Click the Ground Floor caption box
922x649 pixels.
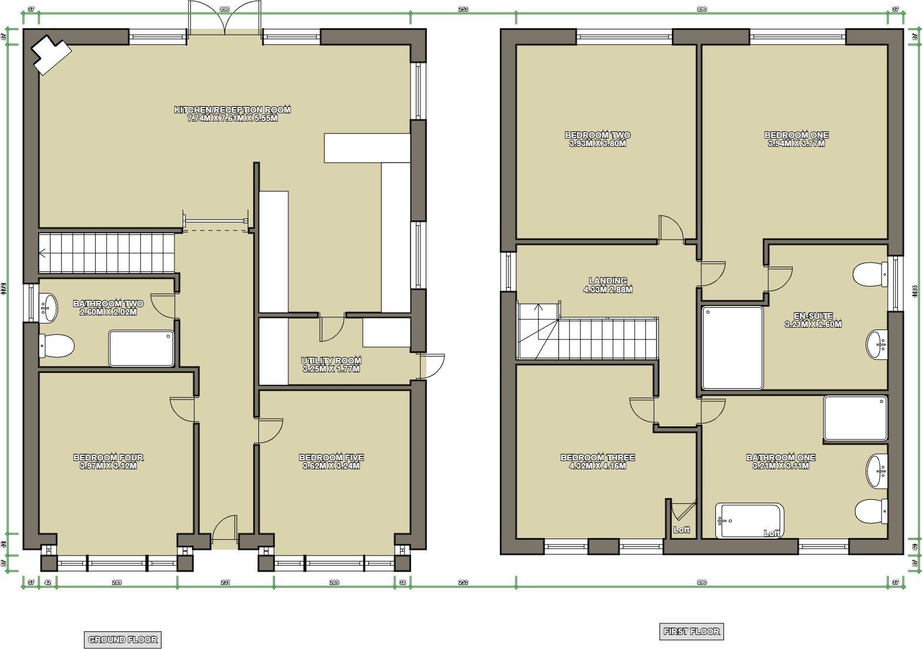[123, 640]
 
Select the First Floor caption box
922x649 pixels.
[691, 631]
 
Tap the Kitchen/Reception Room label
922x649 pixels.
[233, 110]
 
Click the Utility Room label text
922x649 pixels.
[331, 361]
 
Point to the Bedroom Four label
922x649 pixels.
[108, 458]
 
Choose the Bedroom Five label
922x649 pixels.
[331, 458]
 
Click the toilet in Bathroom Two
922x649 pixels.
[56, 346]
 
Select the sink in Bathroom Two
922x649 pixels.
[49, 307]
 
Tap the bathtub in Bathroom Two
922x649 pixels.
[142, 349]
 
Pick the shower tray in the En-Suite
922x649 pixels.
[732, 347]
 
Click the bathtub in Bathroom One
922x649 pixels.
[749, 520]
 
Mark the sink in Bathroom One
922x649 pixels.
[877, 470]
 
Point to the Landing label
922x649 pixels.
[608, 281]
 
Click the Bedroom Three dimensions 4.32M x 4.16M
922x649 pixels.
[598, 466]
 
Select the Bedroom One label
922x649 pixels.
[796, 135]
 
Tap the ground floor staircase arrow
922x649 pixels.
[43, 253]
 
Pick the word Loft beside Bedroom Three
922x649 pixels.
[681, 530]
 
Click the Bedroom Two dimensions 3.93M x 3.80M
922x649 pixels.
[598, 144]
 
